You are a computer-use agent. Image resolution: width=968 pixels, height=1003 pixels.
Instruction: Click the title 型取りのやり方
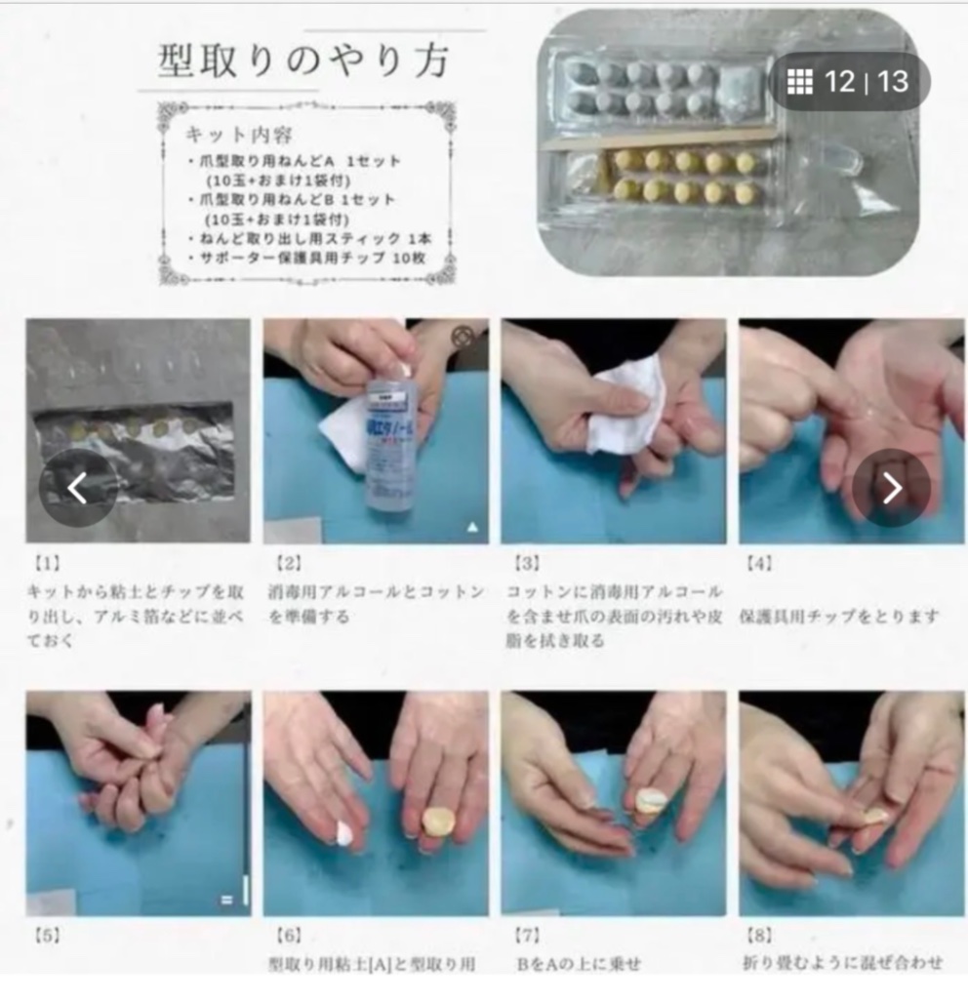303,61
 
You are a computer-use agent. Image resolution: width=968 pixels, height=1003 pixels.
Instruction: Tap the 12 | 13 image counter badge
850,81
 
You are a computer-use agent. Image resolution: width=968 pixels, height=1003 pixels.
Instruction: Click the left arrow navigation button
77,488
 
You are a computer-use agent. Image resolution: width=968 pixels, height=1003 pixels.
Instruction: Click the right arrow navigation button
891,488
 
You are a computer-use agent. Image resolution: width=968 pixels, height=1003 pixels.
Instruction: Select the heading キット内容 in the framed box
238,134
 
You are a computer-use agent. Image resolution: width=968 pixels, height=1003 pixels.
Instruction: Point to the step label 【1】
44,563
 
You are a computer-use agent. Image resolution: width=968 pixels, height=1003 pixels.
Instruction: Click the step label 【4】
758,563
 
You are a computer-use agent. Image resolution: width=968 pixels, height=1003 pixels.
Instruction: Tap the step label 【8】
761,934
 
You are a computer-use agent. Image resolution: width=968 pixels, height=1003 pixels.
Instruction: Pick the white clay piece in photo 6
343,832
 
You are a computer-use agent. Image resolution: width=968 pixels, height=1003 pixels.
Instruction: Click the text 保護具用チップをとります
839,617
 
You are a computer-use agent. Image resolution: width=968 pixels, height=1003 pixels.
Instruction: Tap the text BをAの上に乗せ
579,964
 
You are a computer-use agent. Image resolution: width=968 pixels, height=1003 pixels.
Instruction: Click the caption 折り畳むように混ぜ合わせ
842,964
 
